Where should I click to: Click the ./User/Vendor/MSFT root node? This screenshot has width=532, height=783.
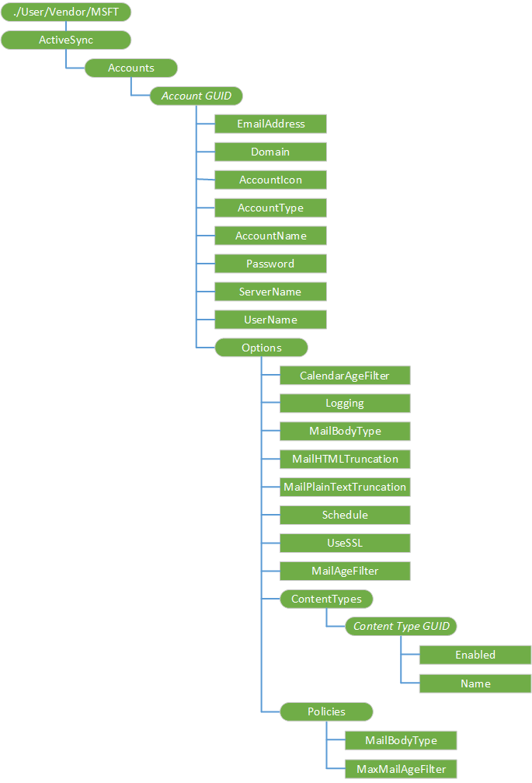(x=66, y=12)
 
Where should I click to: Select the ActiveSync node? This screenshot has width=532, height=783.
(x=66, y=40)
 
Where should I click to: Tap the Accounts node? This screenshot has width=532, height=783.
(x=130, y=68)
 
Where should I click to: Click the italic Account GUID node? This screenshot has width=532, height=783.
(x=196, y=96)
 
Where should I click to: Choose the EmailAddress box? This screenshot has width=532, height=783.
(x=270, y=124)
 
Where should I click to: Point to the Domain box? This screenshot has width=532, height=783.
(x=270, y=152)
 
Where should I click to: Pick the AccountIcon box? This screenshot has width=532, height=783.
(x=270, y=180)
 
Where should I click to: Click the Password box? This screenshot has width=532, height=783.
(x=270, y=264)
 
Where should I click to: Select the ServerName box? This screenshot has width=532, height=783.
(x=270, y=292)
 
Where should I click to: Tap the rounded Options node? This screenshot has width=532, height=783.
(x=261, y=348)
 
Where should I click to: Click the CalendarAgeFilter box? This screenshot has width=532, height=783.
(x=345, y=376)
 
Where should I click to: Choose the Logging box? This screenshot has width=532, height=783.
(x=345, y=404)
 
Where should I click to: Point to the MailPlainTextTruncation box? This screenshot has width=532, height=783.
(x=345, y=487)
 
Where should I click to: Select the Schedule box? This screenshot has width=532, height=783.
(x=345, y=515)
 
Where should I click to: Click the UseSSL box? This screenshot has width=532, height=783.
(x=345, y=543)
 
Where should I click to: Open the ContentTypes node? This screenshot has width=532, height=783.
(x=326, y=599)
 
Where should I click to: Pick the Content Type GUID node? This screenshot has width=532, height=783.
(x=401, y=627)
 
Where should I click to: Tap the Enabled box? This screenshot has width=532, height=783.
(x=475, y=655)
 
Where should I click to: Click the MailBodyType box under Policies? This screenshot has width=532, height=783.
(x=401, y=740)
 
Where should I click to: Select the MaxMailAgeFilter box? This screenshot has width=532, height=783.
(x=401, y=769)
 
